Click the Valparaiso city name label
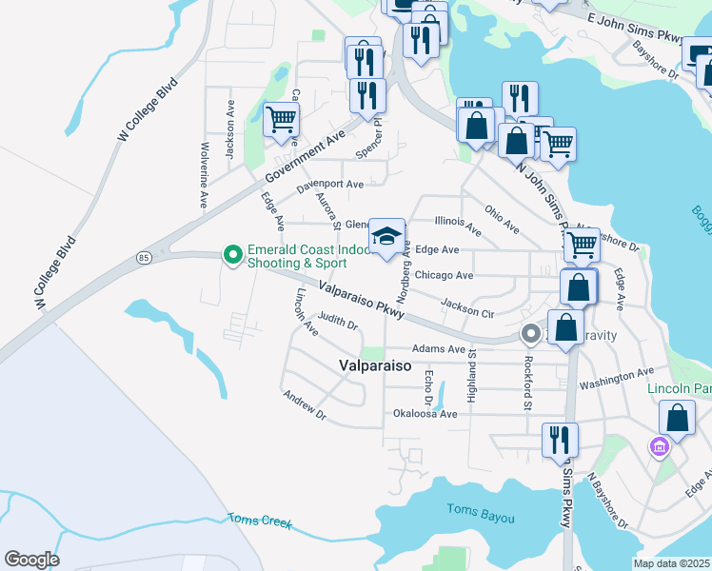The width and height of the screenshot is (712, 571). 375,365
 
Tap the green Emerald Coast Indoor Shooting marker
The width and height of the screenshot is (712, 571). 231,254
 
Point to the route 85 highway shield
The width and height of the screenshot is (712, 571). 144,257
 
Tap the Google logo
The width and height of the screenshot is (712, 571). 31,560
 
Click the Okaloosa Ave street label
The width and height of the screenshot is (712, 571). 425,414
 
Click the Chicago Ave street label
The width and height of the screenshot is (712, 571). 444,276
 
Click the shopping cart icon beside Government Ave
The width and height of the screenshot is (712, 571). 281,121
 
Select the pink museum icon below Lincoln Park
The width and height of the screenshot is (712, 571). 658,445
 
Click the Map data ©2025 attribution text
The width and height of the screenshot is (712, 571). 672,563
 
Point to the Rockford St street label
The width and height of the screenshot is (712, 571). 525,384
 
